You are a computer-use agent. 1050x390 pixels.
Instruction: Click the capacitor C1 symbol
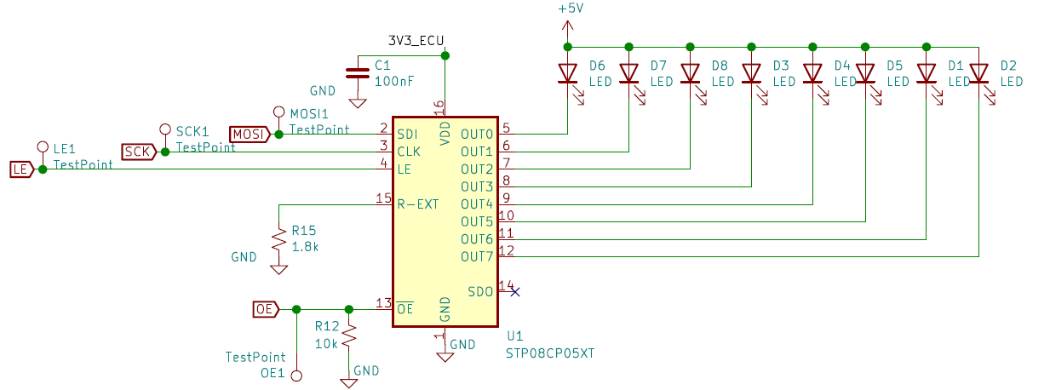[x=358, y=73]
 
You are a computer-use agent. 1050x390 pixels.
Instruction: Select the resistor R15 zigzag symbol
[x=279, y=239]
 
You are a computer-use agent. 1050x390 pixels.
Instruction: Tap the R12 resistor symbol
[x=349, y=336]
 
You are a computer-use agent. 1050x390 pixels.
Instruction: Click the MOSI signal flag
[x=250, y=135]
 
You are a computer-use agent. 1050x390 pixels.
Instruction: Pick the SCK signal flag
[x=139, y=152]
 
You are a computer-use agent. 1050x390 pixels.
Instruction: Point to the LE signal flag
[x=21, y=169]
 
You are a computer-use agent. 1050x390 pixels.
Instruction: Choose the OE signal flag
[x=266, y=309]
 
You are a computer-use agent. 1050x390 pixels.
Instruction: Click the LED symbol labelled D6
[x=570, y=83]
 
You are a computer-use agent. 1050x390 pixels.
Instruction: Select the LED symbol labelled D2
[x=981, y=83]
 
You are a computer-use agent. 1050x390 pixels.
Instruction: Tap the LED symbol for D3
[x=754, y=83]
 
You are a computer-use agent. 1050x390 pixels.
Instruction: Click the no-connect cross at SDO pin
[x=515, y=292]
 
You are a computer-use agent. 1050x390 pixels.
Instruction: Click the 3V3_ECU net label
[x=416, y=41]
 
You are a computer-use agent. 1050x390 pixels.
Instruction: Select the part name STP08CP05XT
[x=550, y=353]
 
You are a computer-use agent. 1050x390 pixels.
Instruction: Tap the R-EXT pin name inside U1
[x=417, y=204]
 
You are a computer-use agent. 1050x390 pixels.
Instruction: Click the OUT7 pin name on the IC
[x=477, y=257]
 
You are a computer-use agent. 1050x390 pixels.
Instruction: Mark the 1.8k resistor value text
[x=305, y=247]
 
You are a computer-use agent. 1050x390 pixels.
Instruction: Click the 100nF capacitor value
[x=394, y=82]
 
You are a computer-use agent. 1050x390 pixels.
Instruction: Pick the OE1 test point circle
[x=296, y=376]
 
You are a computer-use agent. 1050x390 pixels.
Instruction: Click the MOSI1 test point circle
[x=279, y=112]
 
